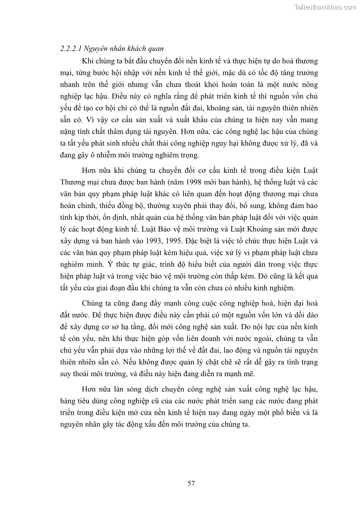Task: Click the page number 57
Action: click(x=191, y=483)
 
